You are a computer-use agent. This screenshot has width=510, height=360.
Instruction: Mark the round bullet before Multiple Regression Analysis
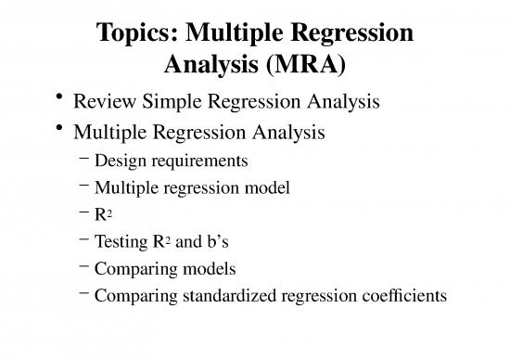tap(60, 128)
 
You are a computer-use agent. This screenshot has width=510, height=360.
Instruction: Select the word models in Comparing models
tap(215, 270)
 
